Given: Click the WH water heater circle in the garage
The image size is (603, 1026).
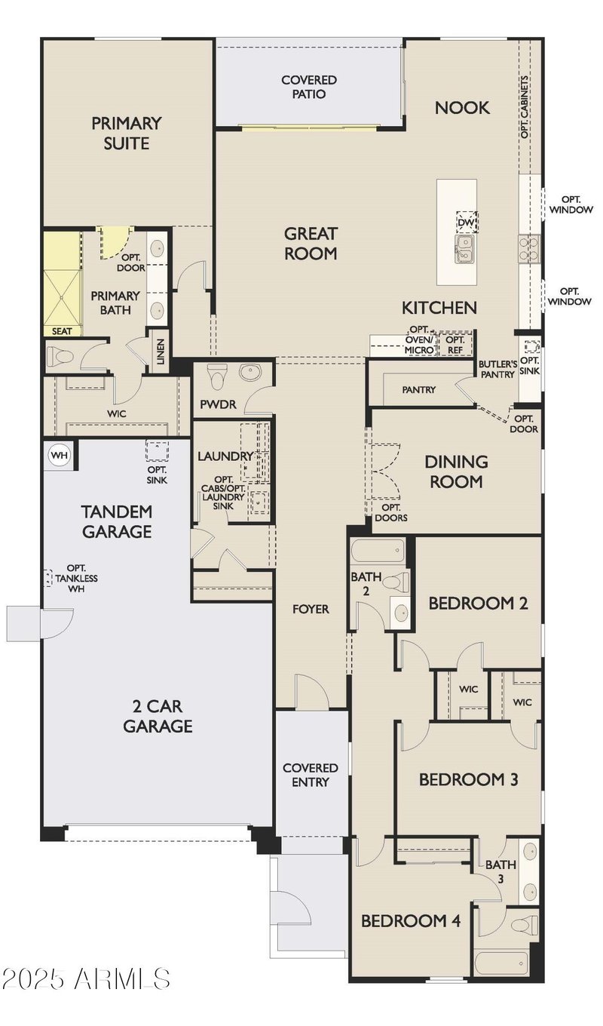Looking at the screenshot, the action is (x=59, y=456).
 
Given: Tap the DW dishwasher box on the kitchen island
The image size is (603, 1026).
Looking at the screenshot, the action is (x=467, y=223).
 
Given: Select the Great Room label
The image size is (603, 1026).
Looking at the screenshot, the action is (x=311, y=243).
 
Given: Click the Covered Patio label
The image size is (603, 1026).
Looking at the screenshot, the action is (x=309, y=87).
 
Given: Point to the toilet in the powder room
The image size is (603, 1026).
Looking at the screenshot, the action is (x=216, y=376).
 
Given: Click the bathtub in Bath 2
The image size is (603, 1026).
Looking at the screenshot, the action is (x=378, y=550).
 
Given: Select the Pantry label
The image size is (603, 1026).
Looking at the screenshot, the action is (x=418, y=390).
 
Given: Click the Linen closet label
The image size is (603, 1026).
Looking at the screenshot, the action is (x=160, y=352).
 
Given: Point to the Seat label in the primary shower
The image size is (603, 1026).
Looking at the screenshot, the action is (x=62, y=330).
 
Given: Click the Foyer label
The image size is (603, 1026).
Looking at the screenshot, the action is (x=311, y=610).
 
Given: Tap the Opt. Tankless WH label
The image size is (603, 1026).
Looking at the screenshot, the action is (x=76, y=578).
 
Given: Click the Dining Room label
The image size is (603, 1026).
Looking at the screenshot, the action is (x=456, y=472).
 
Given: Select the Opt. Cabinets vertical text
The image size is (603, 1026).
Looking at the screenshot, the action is (x=525, y=106).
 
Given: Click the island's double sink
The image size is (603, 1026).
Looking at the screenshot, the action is (x=465, y=250).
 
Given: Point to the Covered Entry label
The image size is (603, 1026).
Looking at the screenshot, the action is (x=311, y=775).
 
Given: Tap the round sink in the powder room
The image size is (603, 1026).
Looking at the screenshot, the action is (x=250, y=371).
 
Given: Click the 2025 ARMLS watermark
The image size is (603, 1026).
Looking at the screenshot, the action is (x=86, y=978).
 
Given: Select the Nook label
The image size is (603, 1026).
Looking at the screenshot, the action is (x=462, y=108).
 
